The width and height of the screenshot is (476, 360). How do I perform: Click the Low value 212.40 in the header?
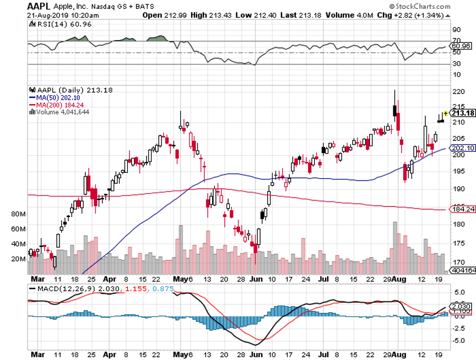point(258,15)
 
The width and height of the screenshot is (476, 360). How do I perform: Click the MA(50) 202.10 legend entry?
point(59,97)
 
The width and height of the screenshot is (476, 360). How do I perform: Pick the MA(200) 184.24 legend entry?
point(61,105)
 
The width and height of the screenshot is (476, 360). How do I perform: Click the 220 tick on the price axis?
point(456,92)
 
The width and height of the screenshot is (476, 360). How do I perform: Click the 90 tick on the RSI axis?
point(456,29)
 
